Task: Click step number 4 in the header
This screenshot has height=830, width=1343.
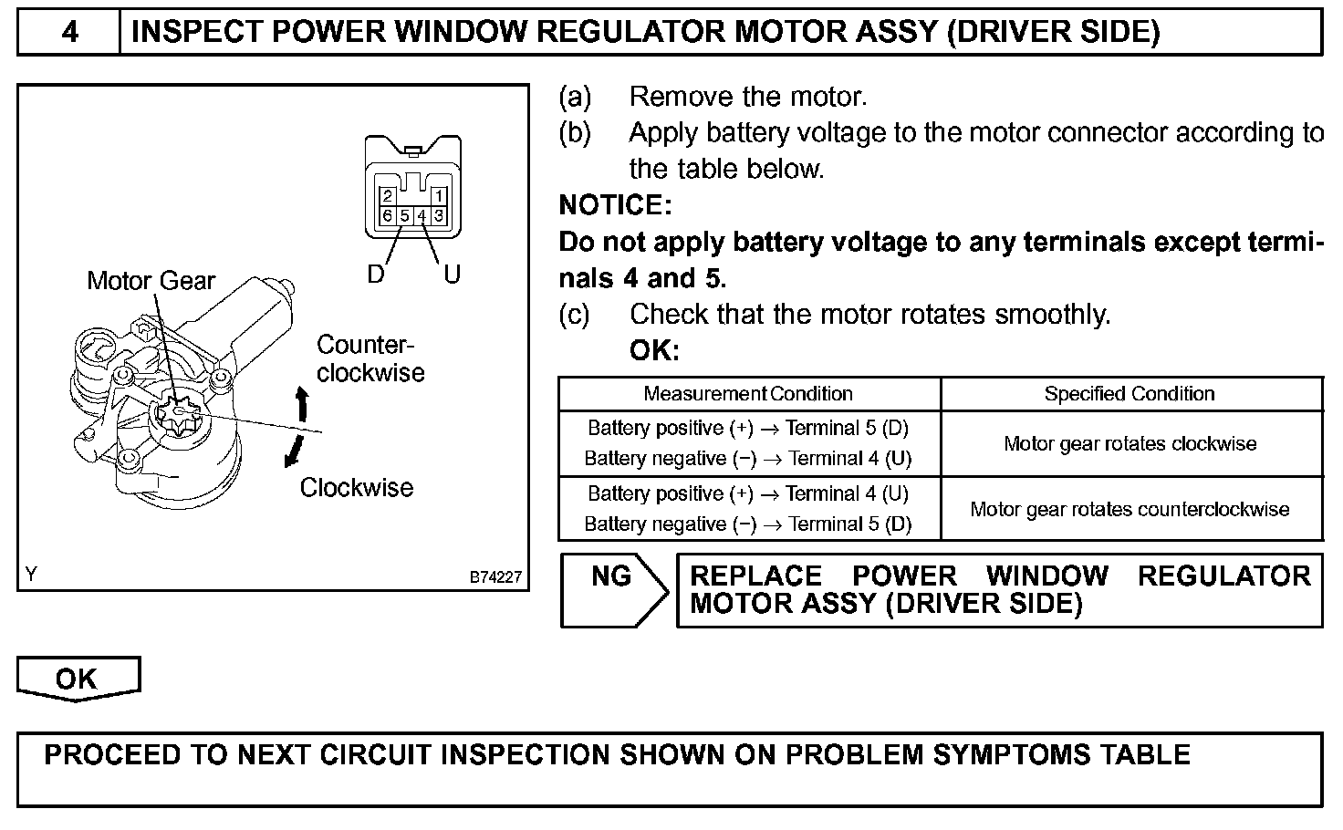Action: tap(69, 33)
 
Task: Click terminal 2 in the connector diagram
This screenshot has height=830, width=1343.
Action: tap(388, 196)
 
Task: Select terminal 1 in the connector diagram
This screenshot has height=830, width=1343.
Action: tap(439, 196)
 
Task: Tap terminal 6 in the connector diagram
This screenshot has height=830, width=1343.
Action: tap(388, 216)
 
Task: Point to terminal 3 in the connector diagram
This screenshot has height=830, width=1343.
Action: tap(439, 216)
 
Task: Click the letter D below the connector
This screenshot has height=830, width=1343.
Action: tap(376, 275)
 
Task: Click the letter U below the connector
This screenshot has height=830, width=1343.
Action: tap(453, 275)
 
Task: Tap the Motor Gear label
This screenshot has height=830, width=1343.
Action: tap(151, 281)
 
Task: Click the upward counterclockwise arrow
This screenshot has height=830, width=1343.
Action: tap(302, 402)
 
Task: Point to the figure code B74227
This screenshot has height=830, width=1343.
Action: tap(495, 577)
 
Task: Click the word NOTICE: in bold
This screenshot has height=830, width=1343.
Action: tap(615, 206)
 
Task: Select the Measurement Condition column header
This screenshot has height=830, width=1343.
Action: tap(748, 394)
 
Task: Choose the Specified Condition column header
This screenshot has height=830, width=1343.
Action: tap(1130, 394)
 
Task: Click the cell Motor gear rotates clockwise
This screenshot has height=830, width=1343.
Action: tap(1130, 444)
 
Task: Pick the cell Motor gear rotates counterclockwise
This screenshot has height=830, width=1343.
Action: tap(1130, 510)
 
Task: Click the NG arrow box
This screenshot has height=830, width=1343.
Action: tap(612, 588)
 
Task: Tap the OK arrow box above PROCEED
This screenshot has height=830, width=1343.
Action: tap(77, 680)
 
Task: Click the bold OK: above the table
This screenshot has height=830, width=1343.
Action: tap(654, 351)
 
